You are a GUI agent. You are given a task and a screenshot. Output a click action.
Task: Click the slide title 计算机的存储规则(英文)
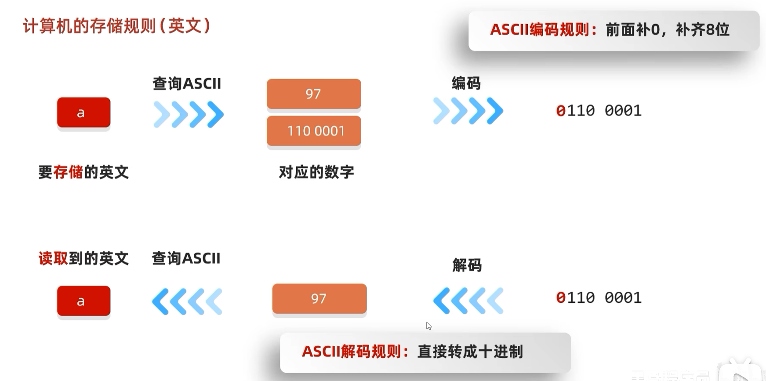pyautogui.click(x=117, y=26)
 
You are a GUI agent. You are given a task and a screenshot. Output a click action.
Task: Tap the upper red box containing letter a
pyautogui.click(x=83, y=112)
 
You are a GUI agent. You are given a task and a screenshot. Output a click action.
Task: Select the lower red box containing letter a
pyautogui.click(x=83, y=301)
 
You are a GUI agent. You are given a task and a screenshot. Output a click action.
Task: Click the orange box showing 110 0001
pyautogui.click(x=314, y=131)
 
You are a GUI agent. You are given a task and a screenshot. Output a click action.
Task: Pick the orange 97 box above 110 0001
pyautogui.click(x=314, y=94)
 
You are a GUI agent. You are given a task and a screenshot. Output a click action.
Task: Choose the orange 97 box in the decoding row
pyautogui.click(x=319, y=299)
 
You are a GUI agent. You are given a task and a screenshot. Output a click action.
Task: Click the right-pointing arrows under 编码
pyautogui.click(x=468, y=111)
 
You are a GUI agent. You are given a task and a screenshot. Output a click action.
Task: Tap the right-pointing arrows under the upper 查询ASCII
pyautogui.click(x=189, y=115)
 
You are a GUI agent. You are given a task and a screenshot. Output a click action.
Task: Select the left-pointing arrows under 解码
pyautogui.click(x=468, y=301)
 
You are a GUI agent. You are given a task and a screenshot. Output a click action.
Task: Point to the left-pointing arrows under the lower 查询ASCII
pyautogui.click(x=187, y=301)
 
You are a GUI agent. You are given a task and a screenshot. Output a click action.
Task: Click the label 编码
pyautogui.click(x=466, y=83)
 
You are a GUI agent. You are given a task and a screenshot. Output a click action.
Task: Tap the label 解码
pyautogui.click(x=467, y=265)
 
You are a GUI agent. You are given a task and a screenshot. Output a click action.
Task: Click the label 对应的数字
pyautogui.click(x=316, y=172)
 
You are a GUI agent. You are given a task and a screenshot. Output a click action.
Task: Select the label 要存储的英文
pyautogui.click(x=83, y=172)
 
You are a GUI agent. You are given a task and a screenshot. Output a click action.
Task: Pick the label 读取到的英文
pyautogui.click(x=83, y=258)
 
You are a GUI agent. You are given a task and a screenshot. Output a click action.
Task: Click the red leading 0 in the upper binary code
pyautogui.click(x=561, y=111)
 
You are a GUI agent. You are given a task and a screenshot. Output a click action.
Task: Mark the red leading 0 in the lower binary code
pyautogui.click(x=561, y=298)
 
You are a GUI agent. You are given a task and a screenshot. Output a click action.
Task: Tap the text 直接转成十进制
pyautogui.click(x=470, y=352)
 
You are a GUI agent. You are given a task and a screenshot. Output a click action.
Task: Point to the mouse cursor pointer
pyautogui.click(x=428, y=326)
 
